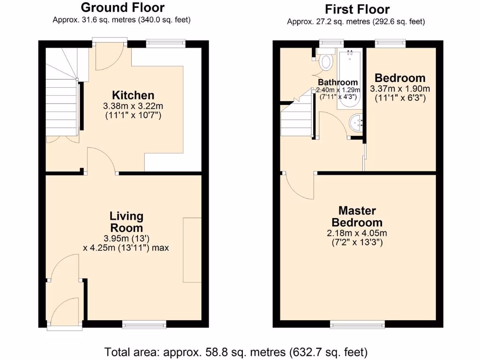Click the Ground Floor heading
tap(122, 7)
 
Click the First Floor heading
tap(357, 9)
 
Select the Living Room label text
tap(126, 222)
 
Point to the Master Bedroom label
tap(357, 217)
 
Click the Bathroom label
tap(338, 82)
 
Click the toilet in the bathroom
tap(326, 60)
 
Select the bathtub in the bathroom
tap(349, 77)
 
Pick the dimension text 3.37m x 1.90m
tap(400, 89)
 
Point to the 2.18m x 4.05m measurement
tap(357, 233)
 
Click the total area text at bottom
tap(236, 352)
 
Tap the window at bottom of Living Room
tap(144, 323)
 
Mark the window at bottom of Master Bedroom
tap(358, 323)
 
